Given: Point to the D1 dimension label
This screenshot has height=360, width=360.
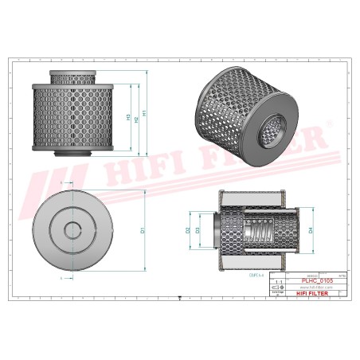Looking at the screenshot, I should (143, 230).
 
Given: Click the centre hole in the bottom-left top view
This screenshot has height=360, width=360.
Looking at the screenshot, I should (72, 230).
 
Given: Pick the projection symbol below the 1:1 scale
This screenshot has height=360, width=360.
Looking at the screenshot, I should (277, 288).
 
